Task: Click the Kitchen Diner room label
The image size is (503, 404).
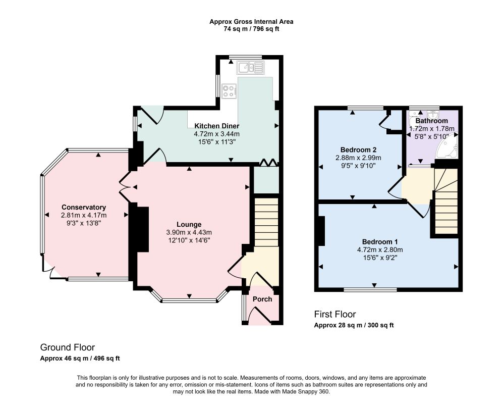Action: point(217,126)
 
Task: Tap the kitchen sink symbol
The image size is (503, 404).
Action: point(251,68)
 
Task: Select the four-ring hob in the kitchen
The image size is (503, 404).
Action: point(229,90)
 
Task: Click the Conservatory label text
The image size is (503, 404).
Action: point(84,207)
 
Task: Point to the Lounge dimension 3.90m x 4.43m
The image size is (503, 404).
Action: point(189,232)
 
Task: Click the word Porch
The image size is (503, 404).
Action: point(262,299)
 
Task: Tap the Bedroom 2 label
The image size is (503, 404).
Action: point(358,149)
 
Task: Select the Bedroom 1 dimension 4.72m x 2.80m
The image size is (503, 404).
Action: point(380,250)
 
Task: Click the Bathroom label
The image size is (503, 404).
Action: point(431,121)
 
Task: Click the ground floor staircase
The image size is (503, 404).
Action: point(266,222)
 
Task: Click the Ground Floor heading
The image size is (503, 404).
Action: point(68,347)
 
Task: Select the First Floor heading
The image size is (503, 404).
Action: point(335,314)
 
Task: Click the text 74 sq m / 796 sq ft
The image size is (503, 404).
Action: point(251,29)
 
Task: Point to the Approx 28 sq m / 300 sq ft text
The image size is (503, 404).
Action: point(354,325)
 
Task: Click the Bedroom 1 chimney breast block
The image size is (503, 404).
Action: point(321,231)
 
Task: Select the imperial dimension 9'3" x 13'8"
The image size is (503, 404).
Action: point(84,223)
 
